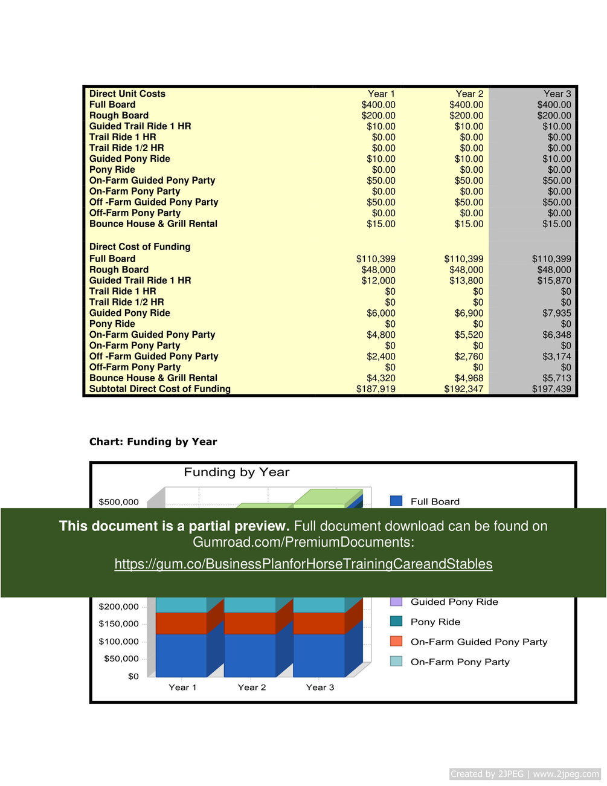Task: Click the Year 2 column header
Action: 469,94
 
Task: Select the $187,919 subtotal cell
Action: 376,389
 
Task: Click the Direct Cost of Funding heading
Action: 140,246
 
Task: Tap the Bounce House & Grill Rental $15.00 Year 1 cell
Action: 381,224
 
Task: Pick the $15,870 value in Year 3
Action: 554,280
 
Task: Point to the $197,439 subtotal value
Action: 551,389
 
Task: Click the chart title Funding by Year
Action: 237,472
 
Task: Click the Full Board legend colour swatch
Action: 396,501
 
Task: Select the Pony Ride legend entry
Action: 435,622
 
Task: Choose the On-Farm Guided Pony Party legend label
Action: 479,642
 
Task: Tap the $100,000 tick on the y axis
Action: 119,642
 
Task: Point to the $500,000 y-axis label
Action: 119,502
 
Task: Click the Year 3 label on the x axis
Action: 320,688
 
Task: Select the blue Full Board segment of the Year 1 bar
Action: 181,655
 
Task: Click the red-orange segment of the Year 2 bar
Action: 250,623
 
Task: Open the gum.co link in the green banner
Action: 303,564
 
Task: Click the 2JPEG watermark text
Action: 524,774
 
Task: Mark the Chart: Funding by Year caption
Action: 153,442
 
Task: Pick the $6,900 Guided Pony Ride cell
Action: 469,313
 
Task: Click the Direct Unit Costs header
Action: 127,94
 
